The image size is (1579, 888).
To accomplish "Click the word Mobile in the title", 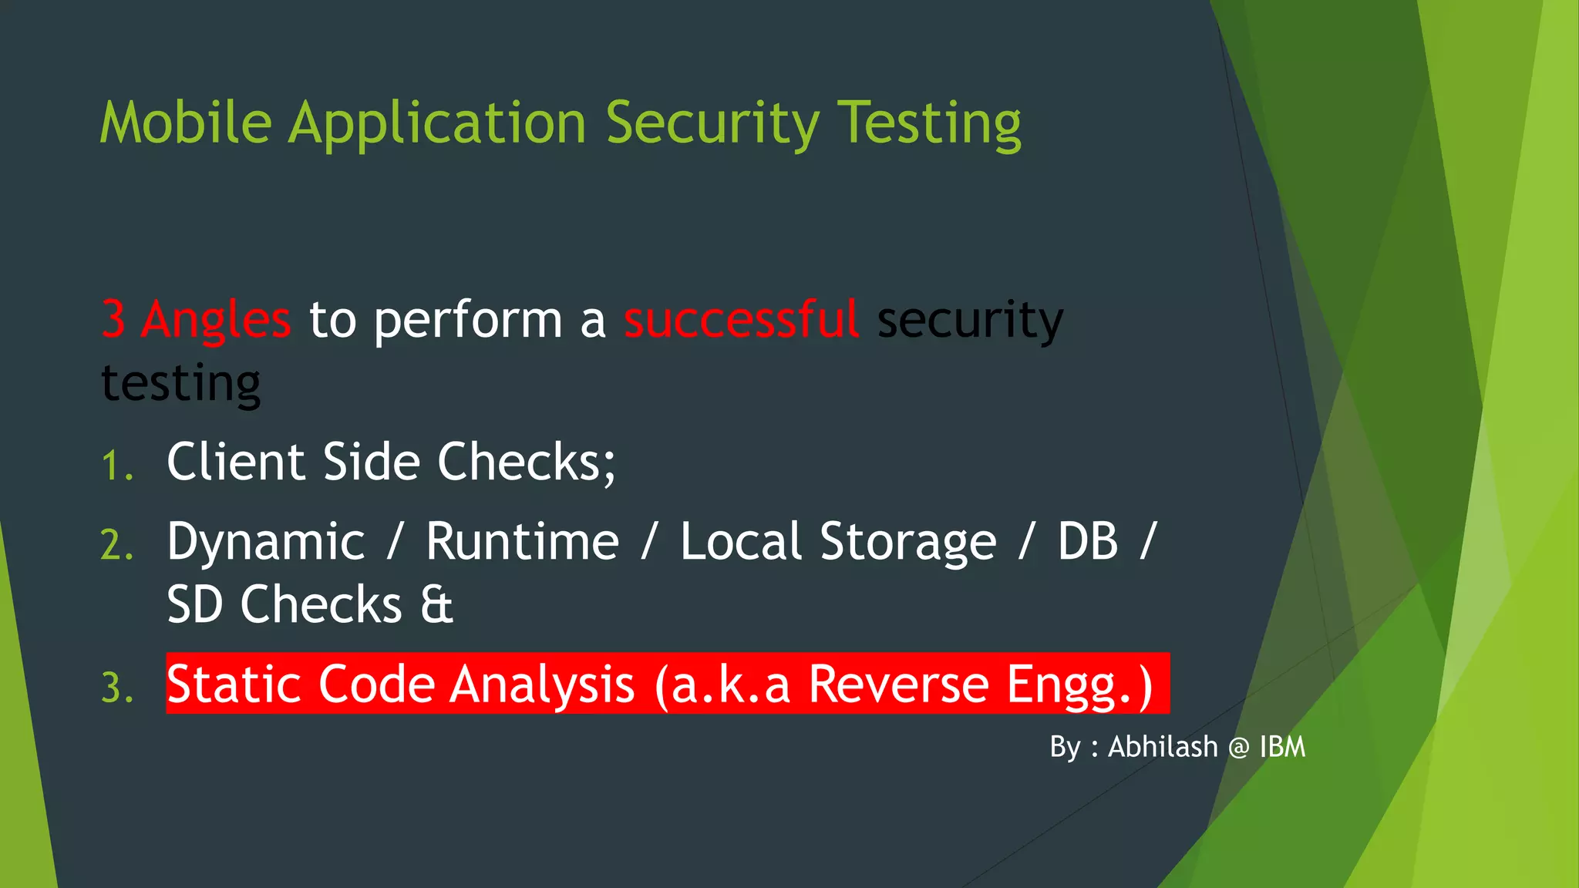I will click(186, 123).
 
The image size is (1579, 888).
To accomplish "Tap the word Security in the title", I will click(712, 123).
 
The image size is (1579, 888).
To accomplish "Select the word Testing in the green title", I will click(929, 123).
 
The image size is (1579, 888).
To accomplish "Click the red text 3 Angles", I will click(197, 319).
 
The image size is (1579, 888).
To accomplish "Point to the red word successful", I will click(741, 319).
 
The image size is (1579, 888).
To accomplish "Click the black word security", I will click(970, 319).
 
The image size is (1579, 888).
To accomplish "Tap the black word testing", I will click(181, 383).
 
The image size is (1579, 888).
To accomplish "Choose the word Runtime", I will click(522, 542).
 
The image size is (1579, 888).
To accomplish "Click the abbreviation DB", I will click(1087, 542).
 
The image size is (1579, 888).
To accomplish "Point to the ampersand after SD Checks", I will click(436, 604).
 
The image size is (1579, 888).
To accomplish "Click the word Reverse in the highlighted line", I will click(898, 684).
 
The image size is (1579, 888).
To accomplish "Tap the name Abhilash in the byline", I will click(1163, 747).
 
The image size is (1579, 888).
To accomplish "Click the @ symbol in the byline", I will click(1239, 748).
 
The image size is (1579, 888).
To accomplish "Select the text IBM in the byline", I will click(1282, 747).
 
